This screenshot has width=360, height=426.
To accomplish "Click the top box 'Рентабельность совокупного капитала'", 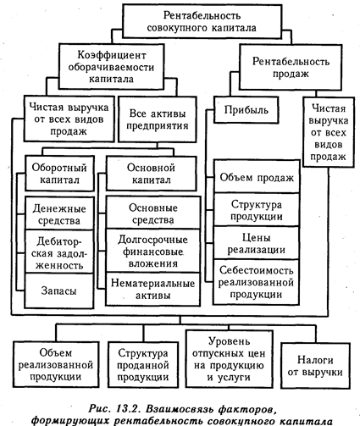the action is tap(202, 21).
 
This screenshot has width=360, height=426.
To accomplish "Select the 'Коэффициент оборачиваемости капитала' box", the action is tap(111, 67).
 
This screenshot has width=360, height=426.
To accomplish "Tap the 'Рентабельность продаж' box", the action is tap(291, 67).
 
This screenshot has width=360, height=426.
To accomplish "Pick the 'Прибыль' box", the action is tap(246, 110).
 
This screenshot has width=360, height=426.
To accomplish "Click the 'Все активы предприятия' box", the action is tap(158, 119).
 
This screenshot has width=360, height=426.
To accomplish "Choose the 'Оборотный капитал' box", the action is tap(59, 174).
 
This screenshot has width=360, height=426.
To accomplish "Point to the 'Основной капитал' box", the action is tap(151, 174).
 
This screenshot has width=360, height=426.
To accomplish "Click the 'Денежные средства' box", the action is tap(59, 213).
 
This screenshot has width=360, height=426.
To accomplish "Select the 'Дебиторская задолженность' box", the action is tap(59, 252).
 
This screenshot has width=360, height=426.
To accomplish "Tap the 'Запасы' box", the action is tap(59, 290).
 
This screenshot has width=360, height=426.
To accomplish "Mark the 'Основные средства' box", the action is tap(153, 213).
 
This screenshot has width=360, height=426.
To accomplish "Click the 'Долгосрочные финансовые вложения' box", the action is tap(153, 251).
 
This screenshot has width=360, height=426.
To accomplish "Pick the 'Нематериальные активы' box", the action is tap(153, 289).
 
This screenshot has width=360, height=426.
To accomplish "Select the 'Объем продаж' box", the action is tap(257, 177).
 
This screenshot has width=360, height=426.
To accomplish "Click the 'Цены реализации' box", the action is tap(257, 243).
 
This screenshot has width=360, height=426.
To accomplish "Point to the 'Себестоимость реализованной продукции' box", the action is tap(257, 282).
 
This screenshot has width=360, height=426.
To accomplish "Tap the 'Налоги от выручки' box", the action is tap(315, 366).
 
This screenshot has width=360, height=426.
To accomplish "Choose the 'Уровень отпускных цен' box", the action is tap(230, 359).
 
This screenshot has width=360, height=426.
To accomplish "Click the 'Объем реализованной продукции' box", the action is tap(56, 364).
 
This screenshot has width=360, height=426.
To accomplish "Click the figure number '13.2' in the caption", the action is tap(126, 408).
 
